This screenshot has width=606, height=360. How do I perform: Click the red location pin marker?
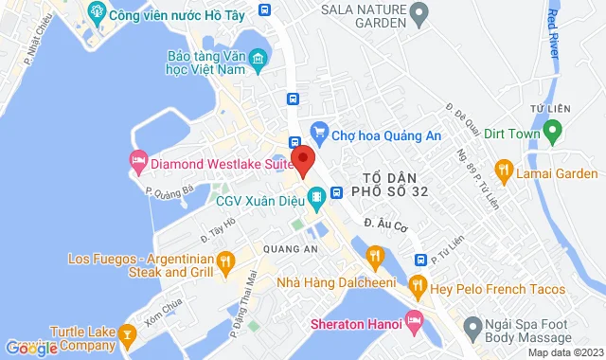click(302, 159)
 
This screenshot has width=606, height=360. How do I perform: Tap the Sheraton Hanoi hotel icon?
click(413, 319)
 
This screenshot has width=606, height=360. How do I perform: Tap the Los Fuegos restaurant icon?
click(224, 261)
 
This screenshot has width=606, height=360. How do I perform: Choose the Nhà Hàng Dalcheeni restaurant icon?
click(375, 255)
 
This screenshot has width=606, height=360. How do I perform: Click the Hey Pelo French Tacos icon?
click(417, 285)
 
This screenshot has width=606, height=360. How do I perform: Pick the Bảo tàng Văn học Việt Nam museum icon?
click(258, 63)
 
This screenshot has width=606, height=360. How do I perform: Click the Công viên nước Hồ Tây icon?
click(95, 14)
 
